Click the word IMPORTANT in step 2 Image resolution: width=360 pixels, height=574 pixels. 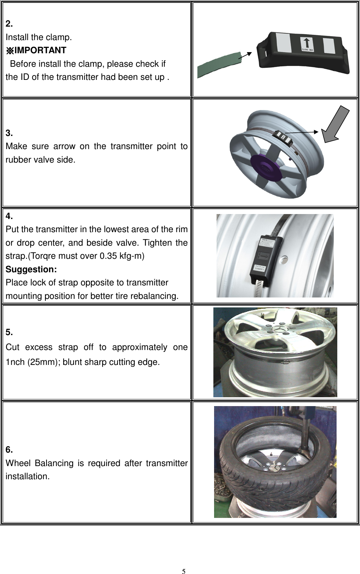point(40,50)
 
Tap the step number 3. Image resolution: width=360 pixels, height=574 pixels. point(9,133)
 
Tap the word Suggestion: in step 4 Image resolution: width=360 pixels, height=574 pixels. point(31,269)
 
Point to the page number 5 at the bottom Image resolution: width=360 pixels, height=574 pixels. point(184,562)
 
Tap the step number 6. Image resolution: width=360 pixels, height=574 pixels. point(9,450)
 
